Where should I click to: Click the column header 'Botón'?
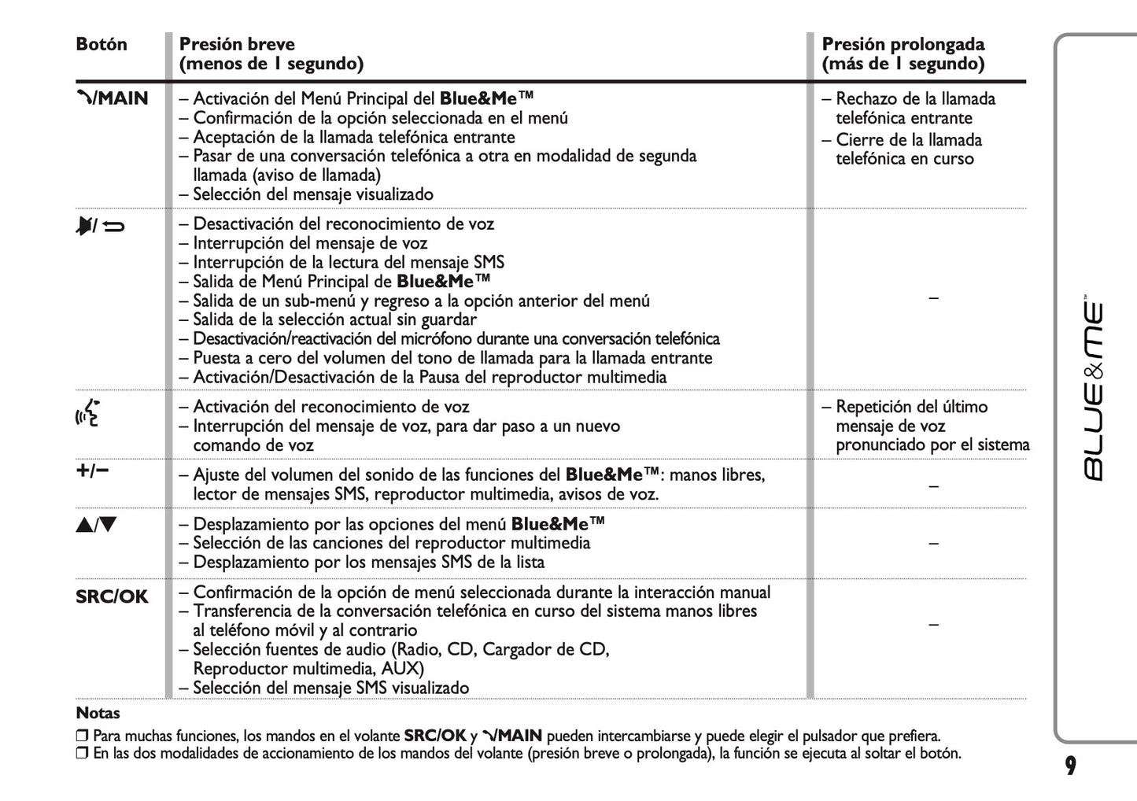click(101, 44)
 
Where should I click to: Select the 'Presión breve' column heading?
click(237, 44)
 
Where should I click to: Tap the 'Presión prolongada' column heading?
click(903, 44)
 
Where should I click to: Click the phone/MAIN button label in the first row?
click(112, 98)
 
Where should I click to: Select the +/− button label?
click(92, 471)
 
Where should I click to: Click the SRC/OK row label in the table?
click(112, 596)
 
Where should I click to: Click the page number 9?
click(1070, 766)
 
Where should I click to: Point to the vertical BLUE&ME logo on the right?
click(1094, 390)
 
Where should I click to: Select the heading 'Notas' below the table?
click(98, 714)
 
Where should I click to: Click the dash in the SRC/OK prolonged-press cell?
click(933, 624)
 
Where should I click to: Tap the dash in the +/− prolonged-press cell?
click(933, 485)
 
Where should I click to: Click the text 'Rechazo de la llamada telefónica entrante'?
click(914, 109)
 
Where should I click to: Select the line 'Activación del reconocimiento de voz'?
click(330, 407)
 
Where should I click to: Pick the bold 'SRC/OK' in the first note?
click(434, 736)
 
